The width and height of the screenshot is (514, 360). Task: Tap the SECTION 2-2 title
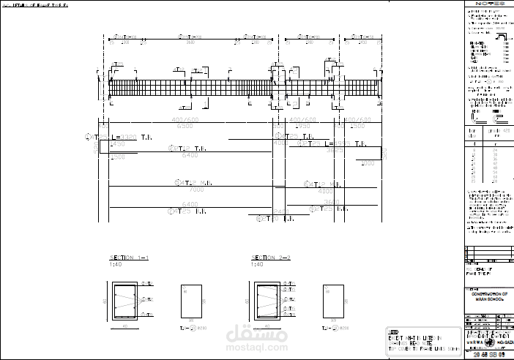(271, 258)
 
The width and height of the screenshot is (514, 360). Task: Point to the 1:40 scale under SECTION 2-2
(257, 264)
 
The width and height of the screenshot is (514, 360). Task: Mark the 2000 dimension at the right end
(368, 163)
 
